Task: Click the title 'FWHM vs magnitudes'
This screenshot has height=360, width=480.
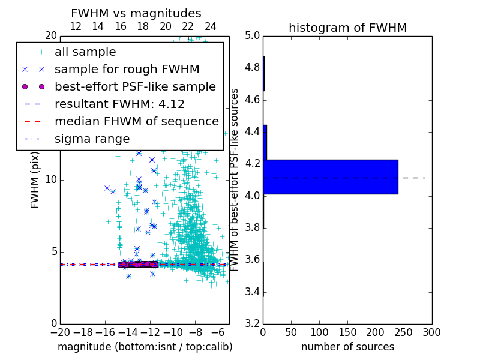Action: [136, 13]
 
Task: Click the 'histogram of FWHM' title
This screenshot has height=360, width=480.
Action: [347, 28]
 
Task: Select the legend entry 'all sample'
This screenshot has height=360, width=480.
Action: [85, 52]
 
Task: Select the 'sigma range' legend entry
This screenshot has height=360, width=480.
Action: [92, 139]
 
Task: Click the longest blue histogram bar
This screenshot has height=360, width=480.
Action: [331, 177]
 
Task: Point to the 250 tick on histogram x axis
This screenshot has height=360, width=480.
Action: [404, 332]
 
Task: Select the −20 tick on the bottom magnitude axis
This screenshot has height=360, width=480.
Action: [60, 332]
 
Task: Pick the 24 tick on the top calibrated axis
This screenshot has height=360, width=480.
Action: [211, 27]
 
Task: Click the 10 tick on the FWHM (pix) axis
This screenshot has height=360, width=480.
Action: [51, 179]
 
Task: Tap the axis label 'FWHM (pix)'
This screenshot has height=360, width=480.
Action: [35, 179]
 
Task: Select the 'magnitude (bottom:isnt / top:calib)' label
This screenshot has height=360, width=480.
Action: [145, 347]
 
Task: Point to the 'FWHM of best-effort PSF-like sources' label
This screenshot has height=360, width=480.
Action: [235, 179]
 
